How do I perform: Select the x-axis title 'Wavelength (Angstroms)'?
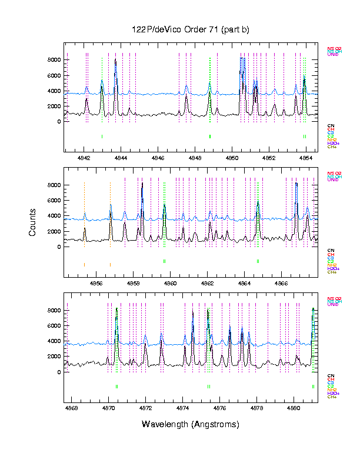tap(191, 424)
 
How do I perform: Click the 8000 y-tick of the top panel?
tap(53, 60)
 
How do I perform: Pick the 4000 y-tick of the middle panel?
tap(53, 216)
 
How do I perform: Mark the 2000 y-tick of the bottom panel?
tap(53, 357)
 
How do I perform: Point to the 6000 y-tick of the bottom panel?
tap(53, 325)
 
